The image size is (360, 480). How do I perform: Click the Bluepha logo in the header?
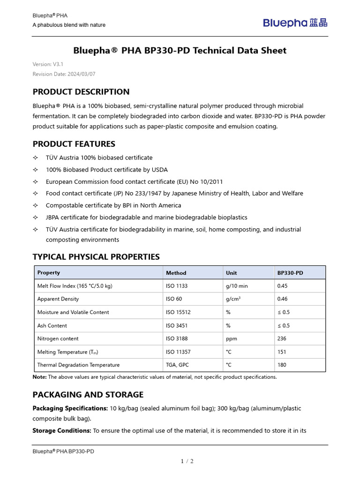295,22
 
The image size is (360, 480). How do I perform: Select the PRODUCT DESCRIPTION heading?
81,92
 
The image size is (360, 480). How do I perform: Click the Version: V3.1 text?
48,64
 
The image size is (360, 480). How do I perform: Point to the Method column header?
176,273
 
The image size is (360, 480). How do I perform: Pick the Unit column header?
231,273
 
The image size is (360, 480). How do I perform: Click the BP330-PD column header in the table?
290,273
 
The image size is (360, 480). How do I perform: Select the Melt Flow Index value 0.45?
283,286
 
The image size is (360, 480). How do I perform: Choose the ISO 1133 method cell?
177,286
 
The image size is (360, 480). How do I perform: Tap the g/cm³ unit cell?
233,299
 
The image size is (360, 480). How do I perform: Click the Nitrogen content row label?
58,338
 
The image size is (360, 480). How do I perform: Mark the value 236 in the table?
282,338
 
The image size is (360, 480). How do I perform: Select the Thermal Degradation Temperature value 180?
282,365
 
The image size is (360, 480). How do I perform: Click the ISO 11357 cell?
178,352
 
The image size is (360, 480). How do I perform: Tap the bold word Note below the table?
39,377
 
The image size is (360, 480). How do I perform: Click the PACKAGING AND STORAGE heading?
88,395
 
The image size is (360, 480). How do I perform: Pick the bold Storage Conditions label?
61,430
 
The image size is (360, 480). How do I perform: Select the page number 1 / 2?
187,461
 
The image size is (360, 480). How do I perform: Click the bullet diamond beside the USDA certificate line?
35,170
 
